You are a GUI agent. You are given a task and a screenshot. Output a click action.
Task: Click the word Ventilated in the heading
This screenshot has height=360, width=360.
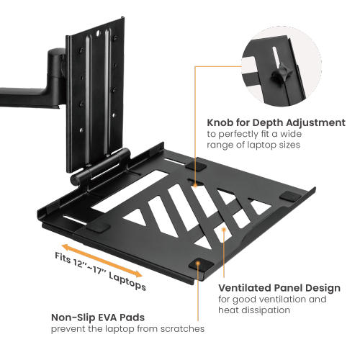tap(243, 286)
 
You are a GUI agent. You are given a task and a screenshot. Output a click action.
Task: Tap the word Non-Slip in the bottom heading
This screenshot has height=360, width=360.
tap(73, 317)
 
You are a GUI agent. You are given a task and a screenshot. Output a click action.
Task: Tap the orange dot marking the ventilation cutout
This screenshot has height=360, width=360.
tap(224, 230)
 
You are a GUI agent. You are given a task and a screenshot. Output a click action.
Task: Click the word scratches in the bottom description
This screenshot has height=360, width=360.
tap(181, 328)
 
